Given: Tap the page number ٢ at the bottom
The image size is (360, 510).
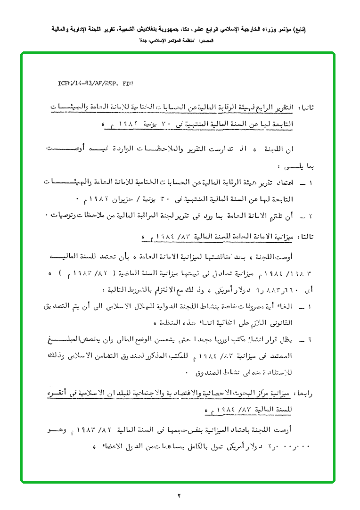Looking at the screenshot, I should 179,495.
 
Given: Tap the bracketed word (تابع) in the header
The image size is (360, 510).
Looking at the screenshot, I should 298,29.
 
